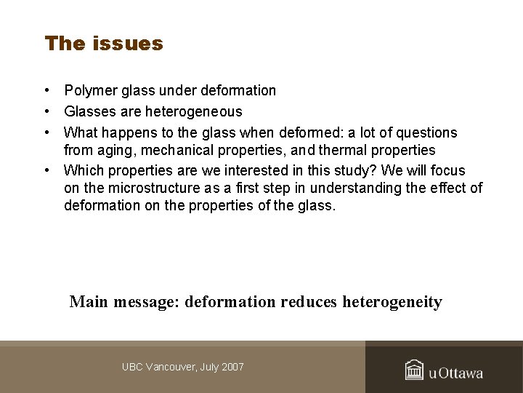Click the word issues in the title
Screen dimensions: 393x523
tap(128, 44)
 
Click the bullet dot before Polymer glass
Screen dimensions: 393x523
tap(46, 91)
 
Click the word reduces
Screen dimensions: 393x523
tap(309, 302)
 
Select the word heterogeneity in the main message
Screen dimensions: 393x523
tap(392, 302)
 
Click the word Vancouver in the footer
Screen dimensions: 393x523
tap(172, 368)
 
